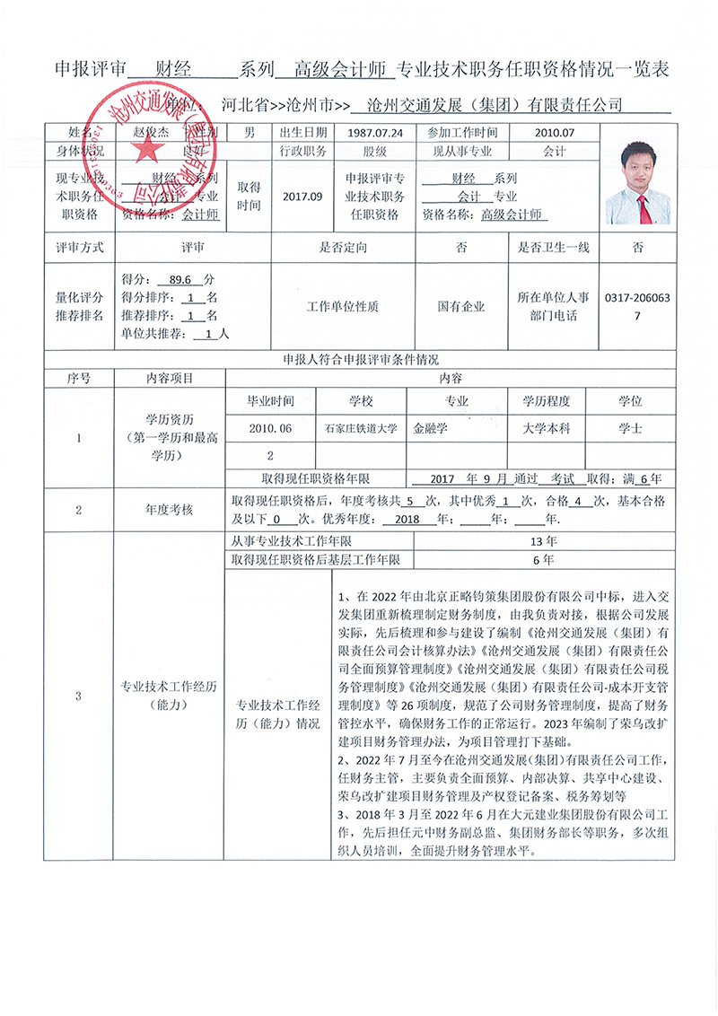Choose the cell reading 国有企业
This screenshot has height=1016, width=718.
[461, 306]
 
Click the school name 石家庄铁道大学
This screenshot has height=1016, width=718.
[361, 429]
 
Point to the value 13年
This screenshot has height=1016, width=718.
[544, 542]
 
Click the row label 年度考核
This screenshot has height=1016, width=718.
[170, 510]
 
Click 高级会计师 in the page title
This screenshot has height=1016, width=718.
[340, 69]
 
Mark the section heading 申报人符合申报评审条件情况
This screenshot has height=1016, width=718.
[361, 360]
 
